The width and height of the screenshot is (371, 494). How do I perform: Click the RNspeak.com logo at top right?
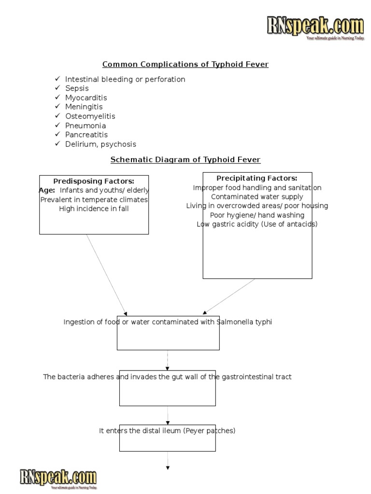[315, 27]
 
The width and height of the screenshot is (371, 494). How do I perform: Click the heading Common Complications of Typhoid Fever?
[185, 64]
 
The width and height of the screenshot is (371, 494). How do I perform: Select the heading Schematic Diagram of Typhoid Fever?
[185, 160]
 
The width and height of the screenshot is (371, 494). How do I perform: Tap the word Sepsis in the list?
[77, 88]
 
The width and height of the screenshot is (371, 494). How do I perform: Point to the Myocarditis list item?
[86, 98]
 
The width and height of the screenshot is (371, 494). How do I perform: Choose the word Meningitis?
[84, 107]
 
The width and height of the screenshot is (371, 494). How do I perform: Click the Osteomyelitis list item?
[90, 116]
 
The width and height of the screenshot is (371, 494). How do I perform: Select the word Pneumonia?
[86, 125]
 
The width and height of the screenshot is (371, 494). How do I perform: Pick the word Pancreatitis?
[86, 135]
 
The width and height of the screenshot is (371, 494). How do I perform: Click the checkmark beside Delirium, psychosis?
[57, 144]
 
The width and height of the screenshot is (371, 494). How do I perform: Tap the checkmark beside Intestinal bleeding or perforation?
[57, 79]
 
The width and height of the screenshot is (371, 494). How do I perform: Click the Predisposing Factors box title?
[94, 181]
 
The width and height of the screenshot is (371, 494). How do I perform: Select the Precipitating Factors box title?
[257, 178]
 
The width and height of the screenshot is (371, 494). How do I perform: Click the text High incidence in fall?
[94, 209]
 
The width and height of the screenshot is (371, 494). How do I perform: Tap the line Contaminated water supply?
[257, 197]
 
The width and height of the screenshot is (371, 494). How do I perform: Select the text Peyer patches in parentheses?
[211, 431]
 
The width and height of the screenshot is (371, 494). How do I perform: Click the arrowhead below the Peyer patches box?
[168, 467]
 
